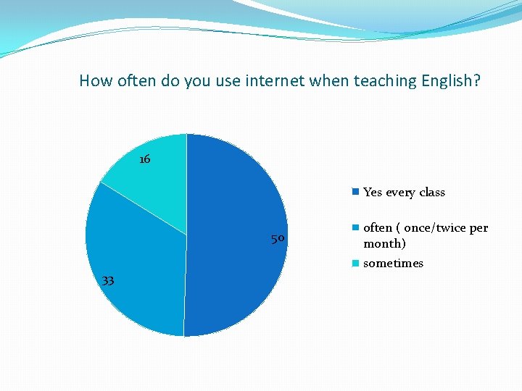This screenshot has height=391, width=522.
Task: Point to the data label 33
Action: [108, 281]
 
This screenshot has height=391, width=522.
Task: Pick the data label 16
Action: [144, 159]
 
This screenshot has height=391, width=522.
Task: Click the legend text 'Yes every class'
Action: [404, 193]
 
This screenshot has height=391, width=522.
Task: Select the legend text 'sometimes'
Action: [393, 264]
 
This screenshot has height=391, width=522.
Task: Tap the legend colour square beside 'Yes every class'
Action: [355, 192]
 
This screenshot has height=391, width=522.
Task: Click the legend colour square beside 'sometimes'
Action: [355, 264]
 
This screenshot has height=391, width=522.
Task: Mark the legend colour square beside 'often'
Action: [355, 228]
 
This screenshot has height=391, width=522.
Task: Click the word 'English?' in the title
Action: [450, 80]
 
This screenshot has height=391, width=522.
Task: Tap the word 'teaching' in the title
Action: [385, 80]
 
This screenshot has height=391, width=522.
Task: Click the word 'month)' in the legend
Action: [384, 244]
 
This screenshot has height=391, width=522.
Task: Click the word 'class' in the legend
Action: [431, 193]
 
